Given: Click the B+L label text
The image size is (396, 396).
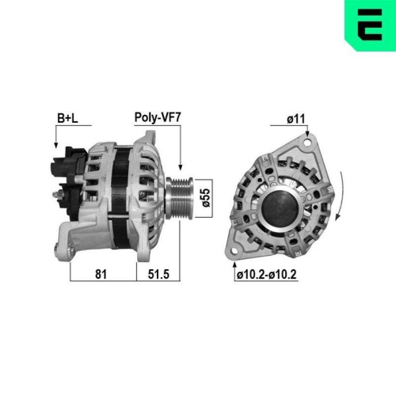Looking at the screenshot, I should (x=67, y=119).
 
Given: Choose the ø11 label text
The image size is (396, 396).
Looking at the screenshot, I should (x=295, y=119).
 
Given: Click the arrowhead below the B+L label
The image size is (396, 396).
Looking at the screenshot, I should (x=55, y=146).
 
